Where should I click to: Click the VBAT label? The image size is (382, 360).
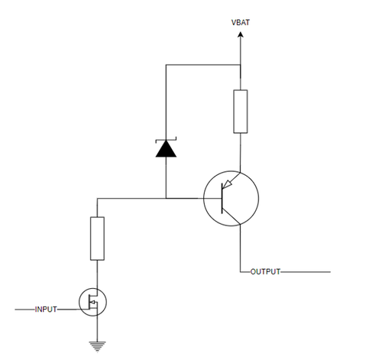(x=241, y=22)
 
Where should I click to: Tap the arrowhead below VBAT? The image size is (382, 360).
(x=241, y=34)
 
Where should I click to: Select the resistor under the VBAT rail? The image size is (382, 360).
(x=241, y=112)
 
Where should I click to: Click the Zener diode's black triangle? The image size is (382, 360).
(x=166, y=148)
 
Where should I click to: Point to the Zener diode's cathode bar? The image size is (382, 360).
(x=166, y=139)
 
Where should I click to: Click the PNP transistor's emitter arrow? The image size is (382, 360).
(x=227, y=184)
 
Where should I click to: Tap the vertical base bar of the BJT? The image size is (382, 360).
(x=222, y=198)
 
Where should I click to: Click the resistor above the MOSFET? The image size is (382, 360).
(x=97, y=238)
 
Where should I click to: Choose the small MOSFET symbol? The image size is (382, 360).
(x=92, y=302)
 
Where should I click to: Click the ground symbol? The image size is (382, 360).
(x=97, y=346)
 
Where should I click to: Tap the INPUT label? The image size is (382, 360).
(x=46, y=310)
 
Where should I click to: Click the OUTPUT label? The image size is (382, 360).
(x=265, y=271)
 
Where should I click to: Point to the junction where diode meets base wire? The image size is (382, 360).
(x=166, y=198)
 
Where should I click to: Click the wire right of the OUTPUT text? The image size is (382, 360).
(x=306, y=272)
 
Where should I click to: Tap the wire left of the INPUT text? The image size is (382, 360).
(x=25, y=310)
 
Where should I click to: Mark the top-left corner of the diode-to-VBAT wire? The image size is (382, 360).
(x=166, y=65)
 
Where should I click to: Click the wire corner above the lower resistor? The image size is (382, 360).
(x=97, y=198)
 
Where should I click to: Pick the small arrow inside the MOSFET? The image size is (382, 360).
(x=93, y=303)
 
